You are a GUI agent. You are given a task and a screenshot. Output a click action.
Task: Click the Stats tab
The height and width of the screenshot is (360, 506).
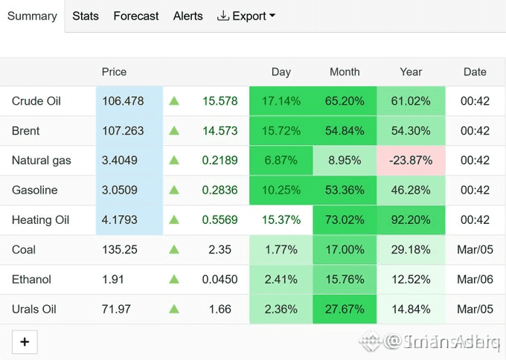pos(86,16)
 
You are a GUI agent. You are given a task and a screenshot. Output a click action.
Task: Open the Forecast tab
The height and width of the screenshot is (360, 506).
pos(136,16)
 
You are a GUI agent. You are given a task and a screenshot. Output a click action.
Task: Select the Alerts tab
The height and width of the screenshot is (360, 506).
pos(188,16)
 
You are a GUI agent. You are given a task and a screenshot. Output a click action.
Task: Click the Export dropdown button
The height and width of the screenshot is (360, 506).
pos(246,16)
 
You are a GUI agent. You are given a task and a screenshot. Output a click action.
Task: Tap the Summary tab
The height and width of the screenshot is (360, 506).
pos(32,16)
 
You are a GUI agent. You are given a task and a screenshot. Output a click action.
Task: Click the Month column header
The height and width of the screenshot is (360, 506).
pos(345,72)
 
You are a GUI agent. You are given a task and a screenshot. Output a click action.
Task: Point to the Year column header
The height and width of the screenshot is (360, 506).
pos(411,72)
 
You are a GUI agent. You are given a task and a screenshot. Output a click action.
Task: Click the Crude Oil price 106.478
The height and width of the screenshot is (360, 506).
pos(123,101)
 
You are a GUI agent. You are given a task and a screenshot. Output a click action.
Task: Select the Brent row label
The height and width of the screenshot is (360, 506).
pos(25,131)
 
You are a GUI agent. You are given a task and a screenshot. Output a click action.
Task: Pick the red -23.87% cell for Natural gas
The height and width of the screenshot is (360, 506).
pos(411,161)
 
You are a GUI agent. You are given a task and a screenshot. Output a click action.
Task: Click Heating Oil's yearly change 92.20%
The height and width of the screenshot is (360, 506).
pos(411,220)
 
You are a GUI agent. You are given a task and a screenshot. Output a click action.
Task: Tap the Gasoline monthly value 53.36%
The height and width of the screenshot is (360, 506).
pos(345,190)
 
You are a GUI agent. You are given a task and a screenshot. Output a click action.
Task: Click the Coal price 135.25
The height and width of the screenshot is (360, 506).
pos(120,250)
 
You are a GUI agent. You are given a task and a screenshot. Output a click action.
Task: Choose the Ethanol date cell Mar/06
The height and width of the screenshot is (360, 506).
pos(475,280)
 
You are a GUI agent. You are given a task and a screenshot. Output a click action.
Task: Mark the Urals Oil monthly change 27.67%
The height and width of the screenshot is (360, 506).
pos(345,309)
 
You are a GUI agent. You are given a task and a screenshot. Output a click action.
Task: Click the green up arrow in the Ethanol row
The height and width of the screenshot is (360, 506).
pos(174,279)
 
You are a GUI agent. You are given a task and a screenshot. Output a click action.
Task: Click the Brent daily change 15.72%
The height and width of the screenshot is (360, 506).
pos(281,131)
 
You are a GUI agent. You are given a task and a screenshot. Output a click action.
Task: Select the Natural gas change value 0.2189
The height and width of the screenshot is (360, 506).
pos(220,161)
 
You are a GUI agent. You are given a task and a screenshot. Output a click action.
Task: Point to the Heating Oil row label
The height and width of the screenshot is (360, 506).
pos(40,220)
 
